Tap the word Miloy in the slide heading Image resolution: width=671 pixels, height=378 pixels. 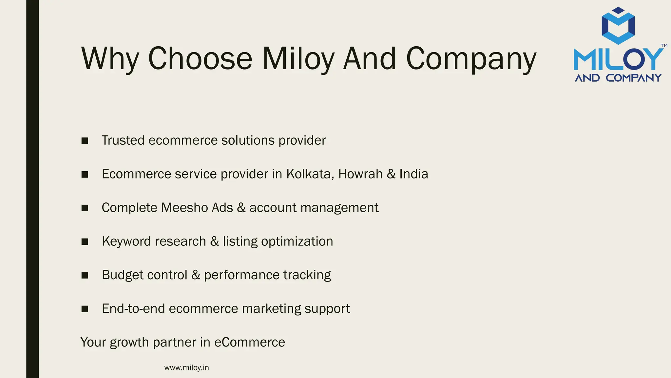(x=298, y=59)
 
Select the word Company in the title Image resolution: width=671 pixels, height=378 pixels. (x=471, y=59)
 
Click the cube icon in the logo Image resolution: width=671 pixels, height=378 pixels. (x=618, y=26)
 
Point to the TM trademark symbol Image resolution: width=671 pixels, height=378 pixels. (x=664, y=46)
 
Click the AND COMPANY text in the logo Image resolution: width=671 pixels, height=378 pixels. (x=618, y=78)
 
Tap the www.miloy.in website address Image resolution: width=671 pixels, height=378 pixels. (x=186, y=368)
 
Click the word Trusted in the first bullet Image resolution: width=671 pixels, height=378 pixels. (x=123, y=140)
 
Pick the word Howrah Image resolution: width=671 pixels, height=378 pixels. (x=360, y=174)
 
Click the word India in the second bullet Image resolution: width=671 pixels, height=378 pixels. (x=413, y=174)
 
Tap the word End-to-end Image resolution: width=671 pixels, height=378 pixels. (x=133, y=309)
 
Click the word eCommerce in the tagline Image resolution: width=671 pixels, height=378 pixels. (x=249, y=342)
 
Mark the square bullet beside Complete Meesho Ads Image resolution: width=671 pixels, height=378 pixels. (x=85, y=208)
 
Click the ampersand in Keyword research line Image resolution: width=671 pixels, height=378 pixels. (x=215, y=241)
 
